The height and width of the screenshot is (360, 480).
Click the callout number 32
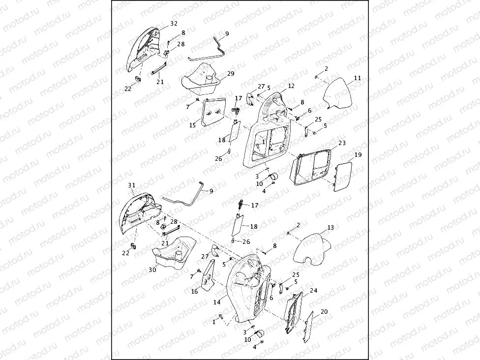pyautogui.click(x=174, y=23)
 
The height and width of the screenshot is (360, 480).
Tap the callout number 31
pyautogui.click(x=131, y=185)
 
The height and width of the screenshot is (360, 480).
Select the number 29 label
pyautogui.click(x=231, y=74)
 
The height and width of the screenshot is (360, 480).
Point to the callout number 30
pyautogui.click(x=152, y=270)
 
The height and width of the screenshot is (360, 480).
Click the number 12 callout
pyautogui.click(x=291, y=86)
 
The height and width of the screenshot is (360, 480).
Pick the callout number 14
pyautogui.click(x=217, y=303)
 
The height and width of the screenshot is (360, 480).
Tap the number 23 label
pyautogui.click(x=342, y=143)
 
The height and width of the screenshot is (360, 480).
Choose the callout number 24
pyautogui.click(x=314, y=290)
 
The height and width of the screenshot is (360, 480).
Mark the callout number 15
pyautogui.click(x=193, y=126)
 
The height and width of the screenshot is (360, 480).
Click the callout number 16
pyautogui.click(x=194, y=292)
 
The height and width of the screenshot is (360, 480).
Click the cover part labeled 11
pyautogui.click(x=339, y=94)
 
